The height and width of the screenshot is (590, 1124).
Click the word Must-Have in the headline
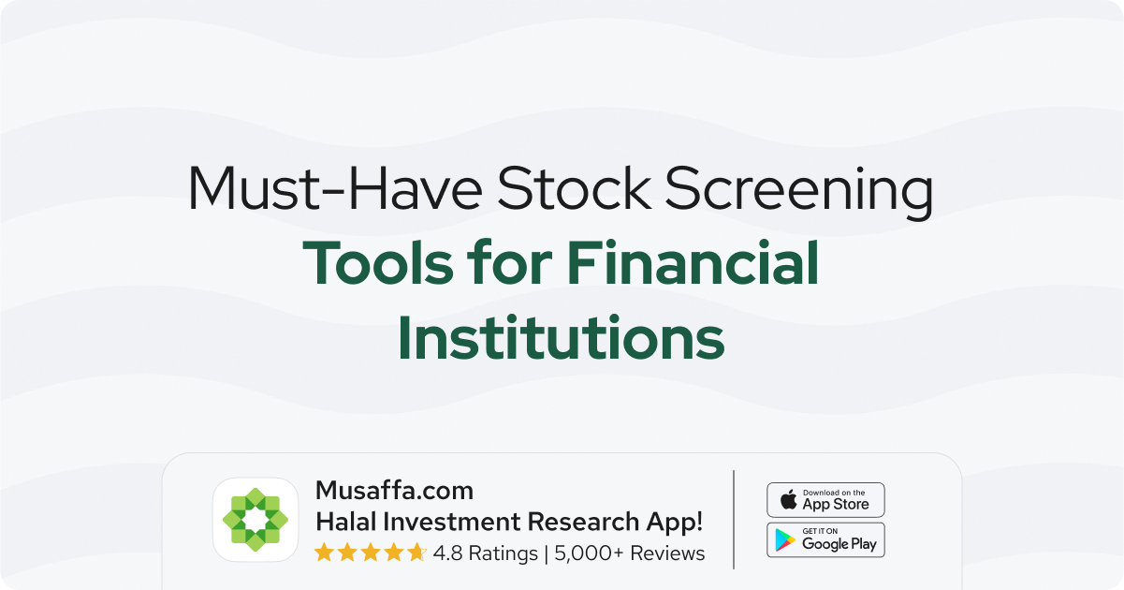point(335,188)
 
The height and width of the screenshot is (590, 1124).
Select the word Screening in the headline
point(799,192)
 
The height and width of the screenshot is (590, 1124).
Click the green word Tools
point(378,262)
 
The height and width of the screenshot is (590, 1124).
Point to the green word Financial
point(693,262)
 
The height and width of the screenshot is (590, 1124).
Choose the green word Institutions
point(562,336)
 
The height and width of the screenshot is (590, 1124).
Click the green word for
point(510,262)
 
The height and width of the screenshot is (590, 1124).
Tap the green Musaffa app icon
point(255,520)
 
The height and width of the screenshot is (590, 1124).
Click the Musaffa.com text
point(394,491)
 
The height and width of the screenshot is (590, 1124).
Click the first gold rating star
point(324,553)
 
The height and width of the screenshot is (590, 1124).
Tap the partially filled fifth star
point(416,553)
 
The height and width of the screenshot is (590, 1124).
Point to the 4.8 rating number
point(447,553)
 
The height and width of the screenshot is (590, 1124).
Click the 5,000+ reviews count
point(589,553)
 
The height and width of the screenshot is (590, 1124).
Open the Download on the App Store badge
point(826,500)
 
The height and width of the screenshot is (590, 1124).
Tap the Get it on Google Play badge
point(826,540)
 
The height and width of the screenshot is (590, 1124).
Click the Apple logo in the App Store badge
point(789,499)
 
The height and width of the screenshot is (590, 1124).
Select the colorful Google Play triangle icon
point(785,540)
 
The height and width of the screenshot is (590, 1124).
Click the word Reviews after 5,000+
point(667,553)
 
